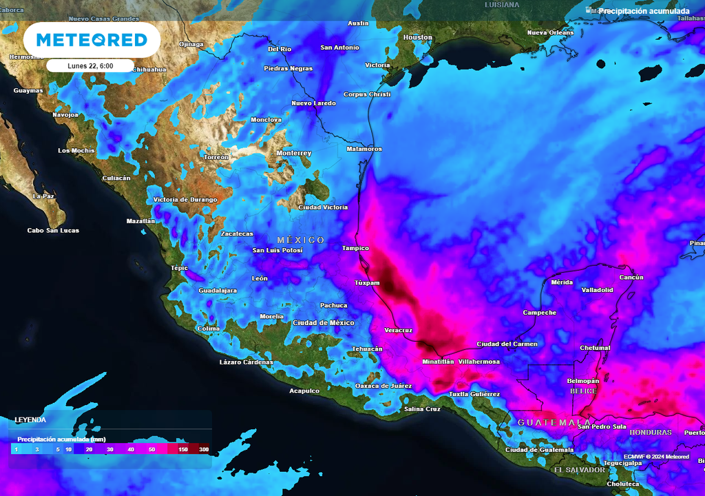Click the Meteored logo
tap(92, 39)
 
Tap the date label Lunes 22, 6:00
tap(90, 66)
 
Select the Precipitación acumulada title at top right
tap(644, 11)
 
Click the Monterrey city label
tap(293, 153)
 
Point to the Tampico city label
tap(355, 248)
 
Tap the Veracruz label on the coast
tap(398, 331)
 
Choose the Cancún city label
tap(631, 278)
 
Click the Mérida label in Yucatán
tap(562, 282)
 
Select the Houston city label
tap(417, 37)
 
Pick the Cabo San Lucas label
tap(53, 231)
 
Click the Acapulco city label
tap(304, 391)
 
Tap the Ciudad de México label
tap(324, 323)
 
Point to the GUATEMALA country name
tap(554, 422)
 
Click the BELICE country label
tap(583, 391)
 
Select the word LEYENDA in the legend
tap(30, 420)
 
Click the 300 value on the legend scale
tap(204, 450)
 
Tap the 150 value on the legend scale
tap(183, 450)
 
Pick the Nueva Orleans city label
tap(550, 33)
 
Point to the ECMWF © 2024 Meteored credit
tap(656, 457)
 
